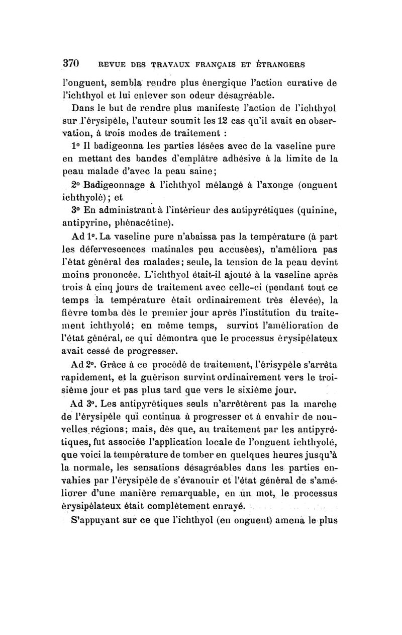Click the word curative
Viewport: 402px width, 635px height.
[x=308, y=83]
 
